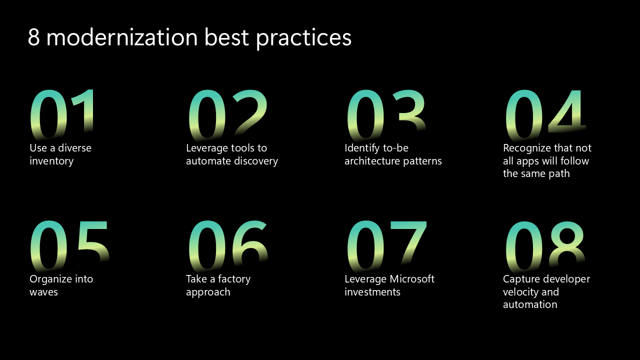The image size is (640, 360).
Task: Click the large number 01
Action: click(x=62, y=114)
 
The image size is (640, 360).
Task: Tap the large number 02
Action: click(x=227, y=114)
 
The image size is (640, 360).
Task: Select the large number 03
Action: click(x=386, y=114)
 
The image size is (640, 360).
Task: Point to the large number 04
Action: click(x=544, y=114)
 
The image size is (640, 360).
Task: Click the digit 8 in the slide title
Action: click(x=33, y=38)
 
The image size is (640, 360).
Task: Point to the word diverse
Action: click(x=74, y=148)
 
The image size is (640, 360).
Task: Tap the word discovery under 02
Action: click(x=255, y=161)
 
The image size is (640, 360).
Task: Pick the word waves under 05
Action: click(x=43, y=292)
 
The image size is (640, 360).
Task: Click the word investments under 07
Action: click(x=372, y=292)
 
